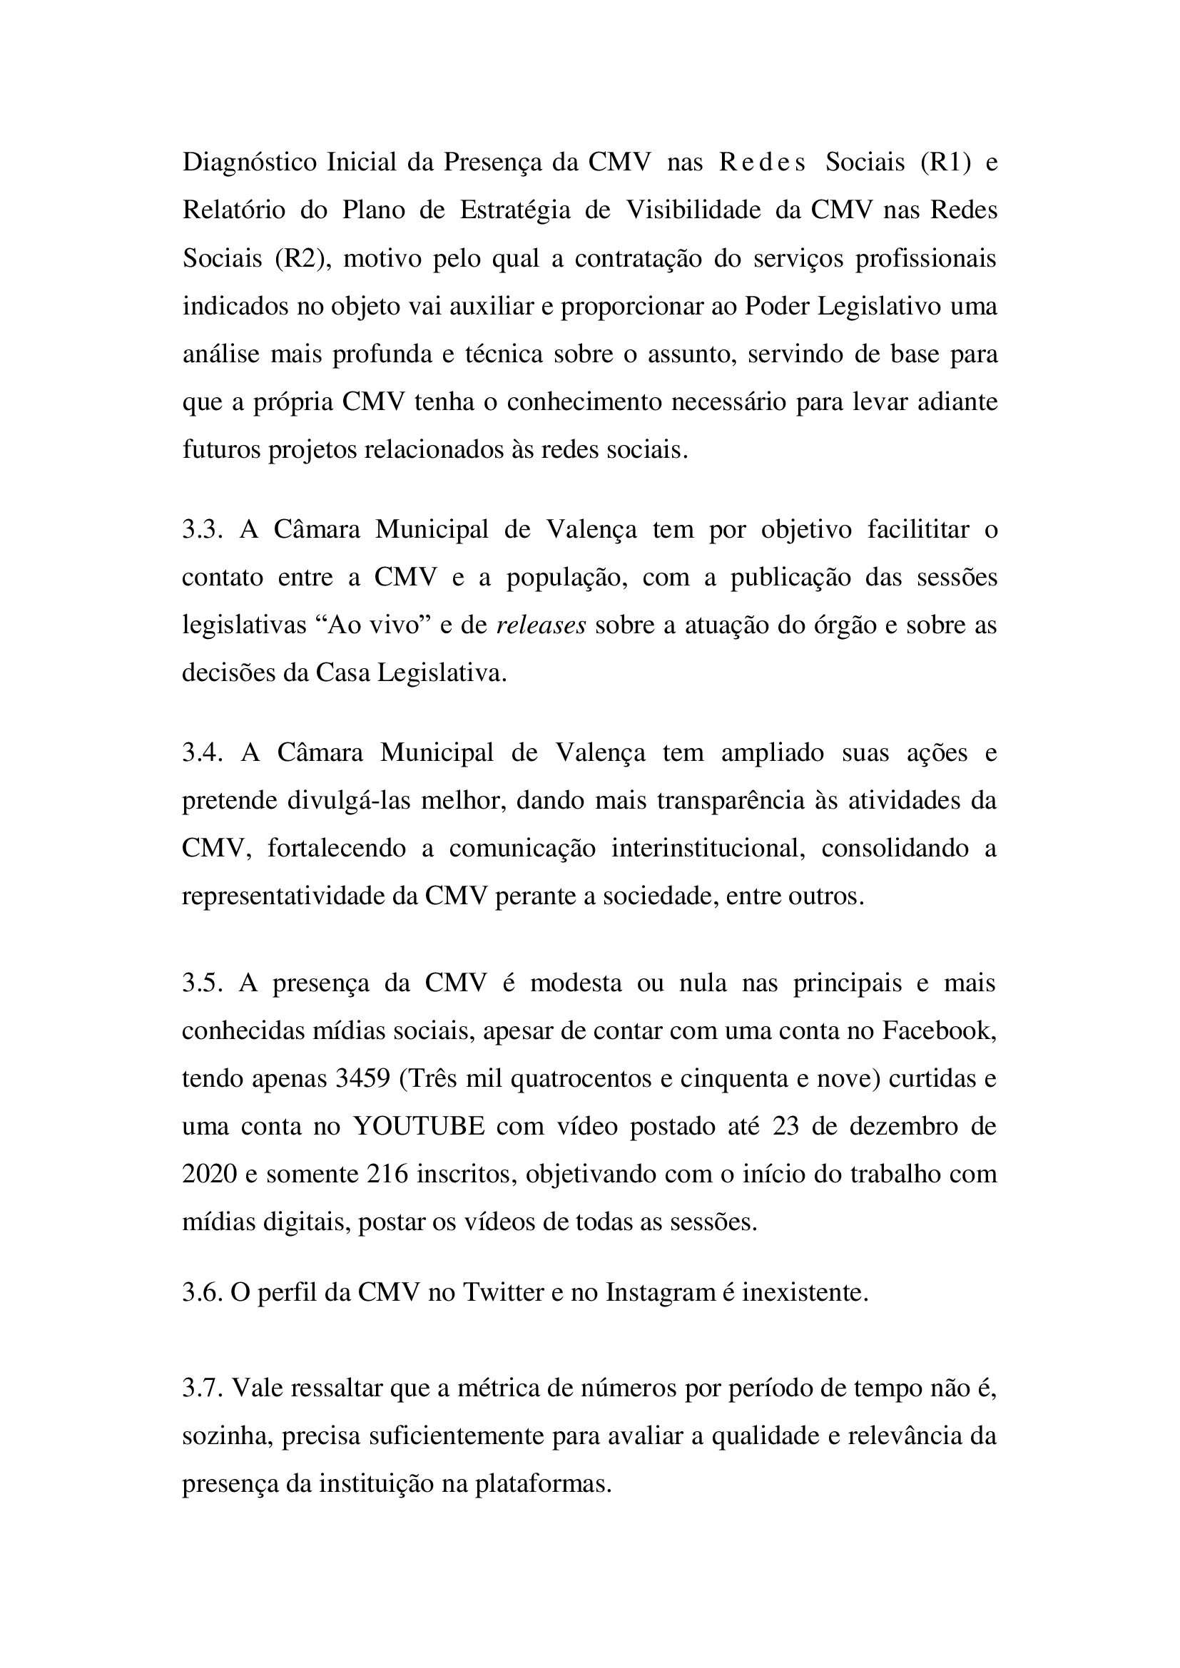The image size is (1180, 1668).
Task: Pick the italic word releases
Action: click(541, 625)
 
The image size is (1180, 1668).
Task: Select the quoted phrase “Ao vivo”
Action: click(377, 625)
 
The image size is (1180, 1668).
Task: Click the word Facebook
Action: click(939, 1031)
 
